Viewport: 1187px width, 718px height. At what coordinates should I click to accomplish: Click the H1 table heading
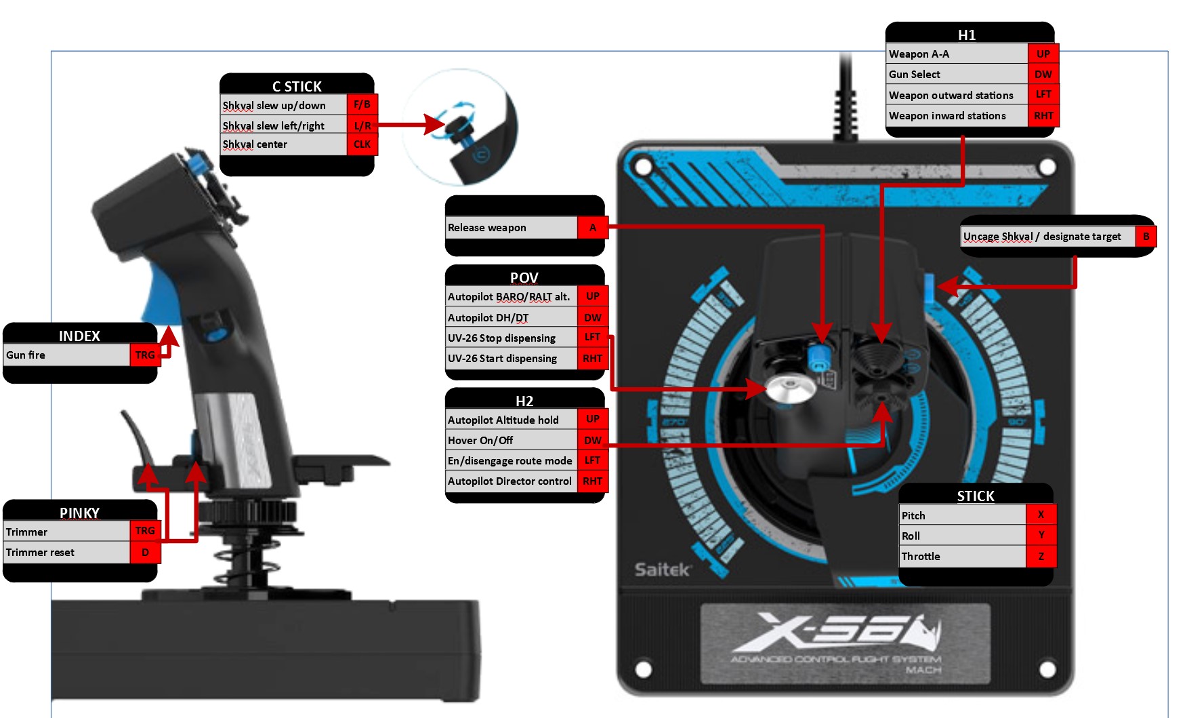click(x=967, y=35)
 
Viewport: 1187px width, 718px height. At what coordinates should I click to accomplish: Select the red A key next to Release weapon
click(x=592, y=228)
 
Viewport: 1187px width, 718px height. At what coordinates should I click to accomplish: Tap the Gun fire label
click(x=26, y=355)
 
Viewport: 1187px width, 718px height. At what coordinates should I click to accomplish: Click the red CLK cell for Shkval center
click(x=362, y=144)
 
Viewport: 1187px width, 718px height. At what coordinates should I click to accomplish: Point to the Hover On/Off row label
click(x=480, y=440)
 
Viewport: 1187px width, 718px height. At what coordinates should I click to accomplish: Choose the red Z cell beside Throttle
click(x=1041, y=556)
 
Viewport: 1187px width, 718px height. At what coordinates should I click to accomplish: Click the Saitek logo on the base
click(x=662, y=570)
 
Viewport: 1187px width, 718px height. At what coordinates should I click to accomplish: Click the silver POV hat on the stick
click(x=790, y=389)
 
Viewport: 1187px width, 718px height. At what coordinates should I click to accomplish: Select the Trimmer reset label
click(x=41, y=552)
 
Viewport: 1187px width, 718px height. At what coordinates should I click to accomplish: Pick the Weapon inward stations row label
click(x=947, y=116)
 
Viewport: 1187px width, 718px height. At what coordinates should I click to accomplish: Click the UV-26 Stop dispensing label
click(x=501, y=338)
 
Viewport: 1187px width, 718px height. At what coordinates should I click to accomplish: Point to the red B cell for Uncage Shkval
click(x=1146, y=237)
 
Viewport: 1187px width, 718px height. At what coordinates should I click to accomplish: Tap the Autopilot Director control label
click(x=509, y=481)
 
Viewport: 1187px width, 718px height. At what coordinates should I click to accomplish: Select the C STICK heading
click(x=297, y=86)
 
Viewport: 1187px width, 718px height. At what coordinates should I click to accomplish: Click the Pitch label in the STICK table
click(x=913, y=515)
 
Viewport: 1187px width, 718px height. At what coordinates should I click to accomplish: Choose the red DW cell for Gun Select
click(x=1043, y=75)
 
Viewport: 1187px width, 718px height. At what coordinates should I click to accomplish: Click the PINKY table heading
click(x=79, y=513)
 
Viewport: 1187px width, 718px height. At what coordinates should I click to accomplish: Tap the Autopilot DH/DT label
click(x=488, y=317)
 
